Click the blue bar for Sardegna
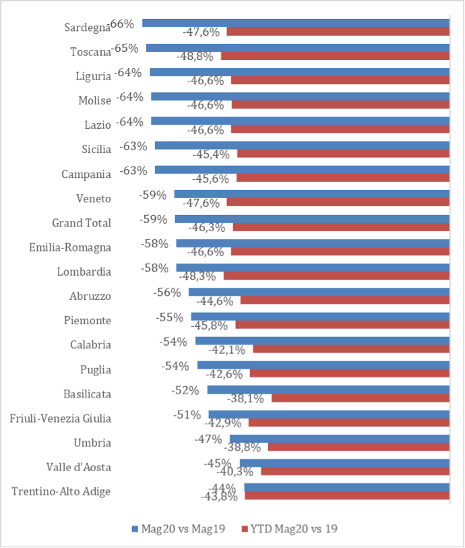[296, 23]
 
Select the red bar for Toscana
[336, 56]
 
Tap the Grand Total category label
[82, 223]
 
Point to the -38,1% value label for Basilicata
[245, 398]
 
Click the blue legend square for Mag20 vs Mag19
[135, 528]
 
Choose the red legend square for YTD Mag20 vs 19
[245, 528]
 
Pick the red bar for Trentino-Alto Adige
[347, 495]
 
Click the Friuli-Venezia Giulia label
[61, 419]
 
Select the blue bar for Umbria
[340, 439]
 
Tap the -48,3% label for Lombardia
[197, 276]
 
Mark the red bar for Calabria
[352, 348]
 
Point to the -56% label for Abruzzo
[167, 292]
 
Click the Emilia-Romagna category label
[70, 247]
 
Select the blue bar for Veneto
[312, 194]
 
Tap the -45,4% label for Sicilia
[211, 154]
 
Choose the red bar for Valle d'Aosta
[355, 471]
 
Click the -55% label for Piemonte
[169, 317]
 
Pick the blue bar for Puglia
[323, 365]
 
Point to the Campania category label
[86, 174]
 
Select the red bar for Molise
[340, 104]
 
